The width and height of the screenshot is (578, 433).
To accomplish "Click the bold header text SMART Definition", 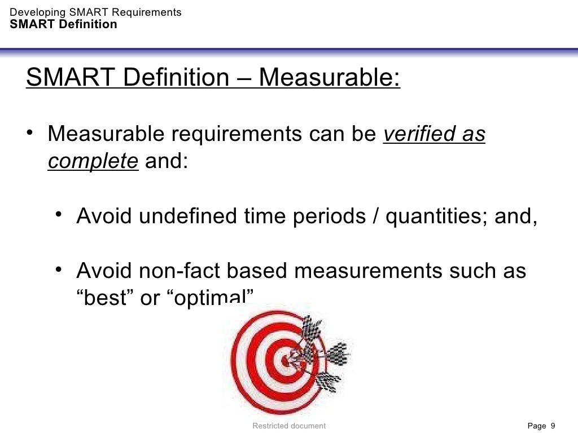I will (x=64, y=24).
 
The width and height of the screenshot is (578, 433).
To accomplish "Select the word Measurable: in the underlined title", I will (x=330, y=78).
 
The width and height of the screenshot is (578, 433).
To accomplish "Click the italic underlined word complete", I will (x=93, y=162).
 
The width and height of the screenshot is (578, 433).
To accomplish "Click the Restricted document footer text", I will (x=289, y=426).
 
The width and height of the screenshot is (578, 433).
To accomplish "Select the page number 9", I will (x=553, y=426).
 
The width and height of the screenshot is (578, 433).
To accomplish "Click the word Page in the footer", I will (x=537, y=426).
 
